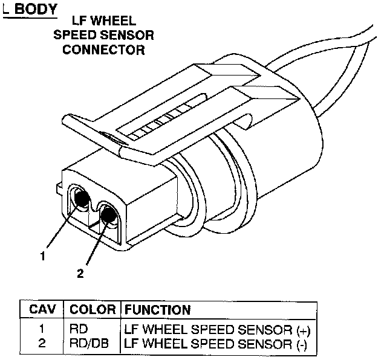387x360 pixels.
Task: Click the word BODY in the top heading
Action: click(36, 10)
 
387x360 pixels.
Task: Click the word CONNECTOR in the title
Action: click(103, 50)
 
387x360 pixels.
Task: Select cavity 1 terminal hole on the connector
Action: click(80, 196)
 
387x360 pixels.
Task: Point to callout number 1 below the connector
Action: click(43, 256)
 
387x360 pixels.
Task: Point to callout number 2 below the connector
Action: click(79, 272)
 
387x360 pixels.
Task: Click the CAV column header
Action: click(43, 310)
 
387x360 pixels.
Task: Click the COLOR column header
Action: click(93, 310)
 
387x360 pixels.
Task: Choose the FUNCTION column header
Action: click(158, 310)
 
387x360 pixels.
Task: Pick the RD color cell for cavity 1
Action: click(77, 330)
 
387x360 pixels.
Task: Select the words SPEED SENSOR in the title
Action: click(103, 36)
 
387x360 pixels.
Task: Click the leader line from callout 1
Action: click(60, 227)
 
